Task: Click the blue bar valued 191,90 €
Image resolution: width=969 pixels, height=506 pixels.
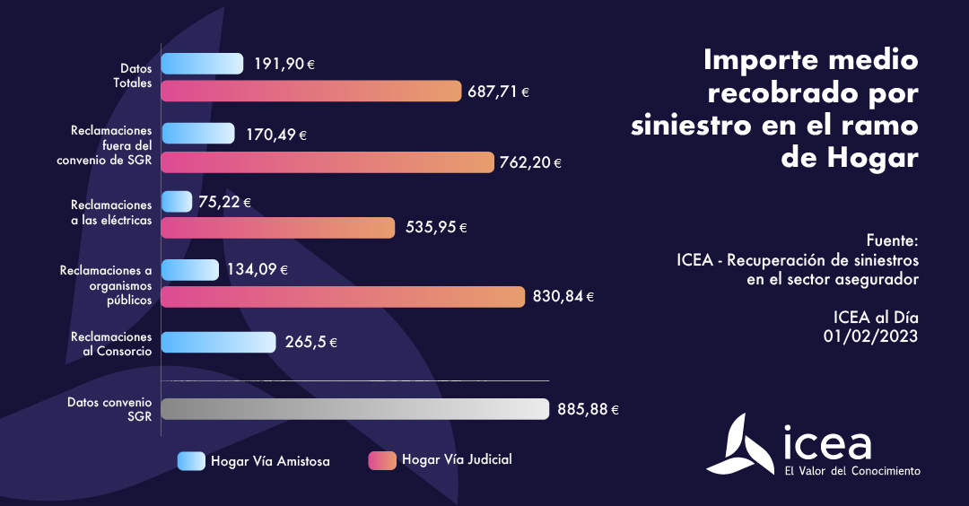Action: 202,64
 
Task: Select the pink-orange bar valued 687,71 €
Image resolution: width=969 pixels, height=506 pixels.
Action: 311,91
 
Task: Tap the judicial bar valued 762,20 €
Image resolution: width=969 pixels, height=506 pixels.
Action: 327,162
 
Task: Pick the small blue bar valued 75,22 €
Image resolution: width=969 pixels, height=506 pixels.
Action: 176,202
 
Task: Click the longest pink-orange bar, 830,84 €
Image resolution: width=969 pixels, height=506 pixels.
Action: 343,297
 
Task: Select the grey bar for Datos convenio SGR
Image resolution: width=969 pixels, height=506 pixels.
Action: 354,409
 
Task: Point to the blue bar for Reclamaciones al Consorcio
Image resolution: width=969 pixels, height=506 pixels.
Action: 218,343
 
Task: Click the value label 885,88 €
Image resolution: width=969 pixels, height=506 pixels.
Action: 588,409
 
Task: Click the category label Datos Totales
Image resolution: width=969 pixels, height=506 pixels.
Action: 135,75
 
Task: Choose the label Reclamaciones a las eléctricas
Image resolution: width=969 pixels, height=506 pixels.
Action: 111,213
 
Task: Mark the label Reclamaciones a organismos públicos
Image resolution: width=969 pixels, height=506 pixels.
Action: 106,285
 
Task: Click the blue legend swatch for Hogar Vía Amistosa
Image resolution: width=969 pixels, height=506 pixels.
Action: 191,461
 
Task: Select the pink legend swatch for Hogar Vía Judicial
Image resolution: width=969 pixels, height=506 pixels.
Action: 382,460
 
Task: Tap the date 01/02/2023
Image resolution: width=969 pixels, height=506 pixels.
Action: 871,336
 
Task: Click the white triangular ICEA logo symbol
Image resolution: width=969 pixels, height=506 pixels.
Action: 741,444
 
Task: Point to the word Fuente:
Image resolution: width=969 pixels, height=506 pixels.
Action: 893,241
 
